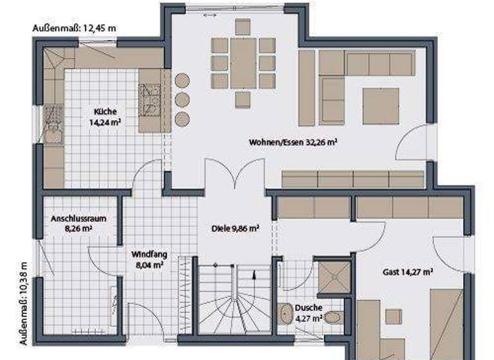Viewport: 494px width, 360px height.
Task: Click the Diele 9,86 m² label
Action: [235, 228]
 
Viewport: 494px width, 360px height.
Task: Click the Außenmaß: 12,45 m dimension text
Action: [74, 28]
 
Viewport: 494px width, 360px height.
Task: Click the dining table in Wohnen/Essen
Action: [243, 62]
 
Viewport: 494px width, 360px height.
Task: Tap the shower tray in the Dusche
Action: [334, 276]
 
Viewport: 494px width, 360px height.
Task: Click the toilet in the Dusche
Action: [333, 318]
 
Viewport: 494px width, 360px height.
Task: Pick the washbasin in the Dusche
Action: [285, 314]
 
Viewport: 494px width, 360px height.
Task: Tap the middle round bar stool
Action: [183, 100]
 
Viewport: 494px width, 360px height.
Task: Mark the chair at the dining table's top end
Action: [242, 26]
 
